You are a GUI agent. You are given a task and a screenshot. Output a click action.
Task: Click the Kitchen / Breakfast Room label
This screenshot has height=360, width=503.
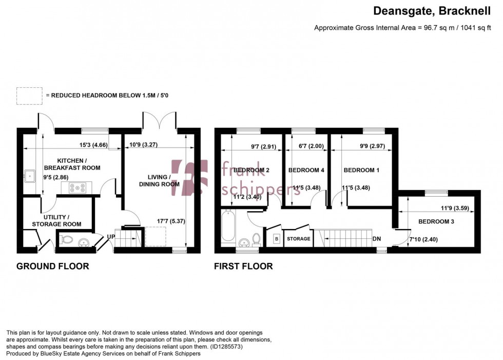pos(71,164)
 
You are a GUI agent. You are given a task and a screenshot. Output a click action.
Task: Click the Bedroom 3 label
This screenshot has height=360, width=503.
pos(436,222)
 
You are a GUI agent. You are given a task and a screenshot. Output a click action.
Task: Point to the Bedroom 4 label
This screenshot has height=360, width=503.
pos(306,170)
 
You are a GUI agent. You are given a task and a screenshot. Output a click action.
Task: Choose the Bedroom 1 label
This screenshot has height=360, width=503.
pos(361,170)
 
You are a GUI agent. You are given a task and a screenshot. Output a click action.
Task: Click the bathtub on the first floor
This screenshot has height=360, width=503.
pos(227,227)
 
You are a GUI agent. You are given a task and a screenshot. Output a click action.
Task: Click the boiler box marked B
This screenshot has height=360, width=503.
pos(276,239)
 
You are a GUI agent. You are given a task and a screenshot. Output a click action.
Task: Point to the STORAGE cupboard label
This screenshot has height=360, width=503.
pos(298,239)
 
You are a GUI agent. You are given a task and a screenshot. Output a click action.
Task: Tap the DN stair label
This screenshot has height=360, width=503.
pos(377,239)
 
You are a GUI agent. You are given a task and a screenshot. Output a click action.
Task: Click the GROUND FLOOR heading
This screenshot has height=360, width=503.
pos(53,266)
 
